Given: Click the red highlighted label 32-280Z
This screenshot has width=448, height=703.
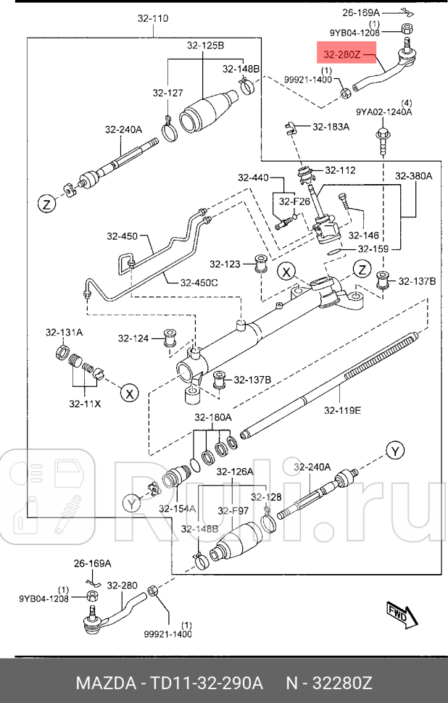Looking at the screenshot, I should (345, 54).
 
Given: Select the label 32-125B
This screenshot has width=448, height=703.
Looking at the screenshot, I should (205, 46).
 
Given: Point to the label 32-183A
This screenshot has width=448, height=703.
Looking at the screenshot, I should (331, 127).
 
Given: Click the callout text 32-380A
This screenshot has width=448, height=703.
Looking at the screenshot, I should (412, 176).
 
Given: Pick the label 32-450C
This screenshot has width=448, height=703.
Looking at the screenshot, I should (199, 282).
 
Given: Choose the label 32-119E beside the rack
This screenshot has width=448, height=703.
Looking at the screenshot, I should (341, 410).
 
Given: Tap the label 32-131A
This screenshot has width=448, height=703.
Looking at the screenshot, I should (64, 333).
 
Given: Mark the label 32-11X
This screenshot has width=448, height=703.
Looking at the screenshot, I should (85, 403).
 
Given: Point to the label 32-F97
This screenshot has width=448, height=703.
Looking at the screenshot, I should (233, 510).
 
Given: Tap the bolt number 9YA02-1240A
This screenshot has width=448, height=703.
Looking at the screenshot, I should (383, 112).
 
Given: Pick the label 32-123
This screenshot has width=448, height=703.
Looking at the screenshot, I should (225, 264).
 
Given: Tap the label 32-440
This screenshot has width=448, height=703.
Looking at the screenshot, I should (252, 178).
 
